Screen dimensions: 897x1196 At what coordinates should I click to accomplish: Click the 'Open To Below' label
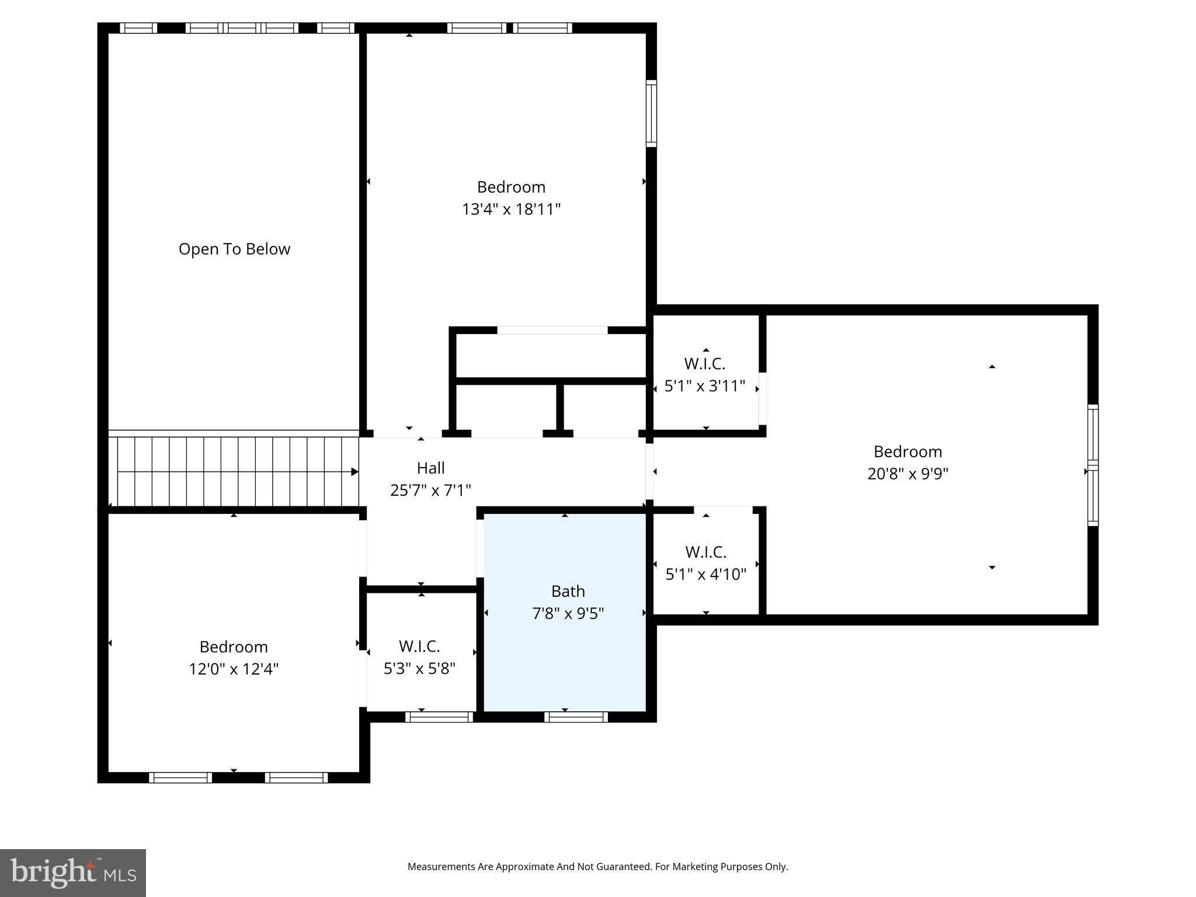click(x=234, y=249)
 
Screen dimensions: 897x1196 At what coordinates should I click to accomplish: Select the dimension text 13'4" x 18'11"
click(x=511, y=210)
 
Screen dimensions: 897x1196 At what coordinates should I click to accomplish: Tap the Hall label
click(x=430, y=468)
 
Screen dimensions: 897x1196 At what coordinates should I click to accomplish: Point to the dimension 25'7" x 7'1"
click(x=430, y=491)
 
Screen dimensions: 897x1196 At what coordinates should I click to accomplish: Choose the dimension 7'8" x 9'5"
click(x=568, y=614)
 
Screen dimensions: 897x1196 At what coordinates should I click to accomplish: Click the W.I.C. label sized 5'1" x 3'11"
click(x=704, y=364)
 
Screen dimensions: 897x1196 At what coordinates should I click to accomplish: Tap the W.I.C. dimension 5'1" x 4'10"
click(x=705, y=575)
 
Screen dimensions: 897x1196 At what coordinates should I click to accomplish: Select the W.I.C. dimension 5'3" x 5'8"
click(x=419, y=669)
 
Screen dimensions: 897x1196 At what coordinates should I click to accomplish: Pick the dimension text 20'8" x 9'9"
click(x=908, y=474)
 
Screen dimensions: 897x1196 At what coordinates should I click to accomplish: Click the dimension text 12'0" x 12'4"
click(x=234, y=669)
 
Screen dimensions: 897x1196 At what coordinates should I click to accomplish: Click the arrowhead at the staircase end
click(x=354, y=472)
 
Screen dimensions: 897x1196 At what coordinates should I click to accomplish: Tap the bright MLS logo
click(x=72, y=873)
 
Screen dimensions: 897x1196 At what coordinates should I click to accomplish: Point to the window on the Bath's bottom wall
click(x=576, y=717)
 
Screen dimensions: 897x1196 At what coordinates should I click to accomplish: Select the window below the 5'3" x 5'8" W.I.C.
click(x=439, y=717)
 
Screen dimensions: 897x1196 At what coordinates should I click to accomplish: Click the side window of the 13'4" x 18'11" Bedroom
click(x=651, y=113)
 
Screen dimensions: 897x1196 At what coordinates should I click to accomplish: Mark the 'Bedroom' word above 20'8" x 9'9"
click(x=908, y=451)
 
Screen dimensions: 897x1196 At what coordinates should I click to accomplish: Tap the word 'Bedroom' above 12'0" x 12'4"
click(x=234, y=647)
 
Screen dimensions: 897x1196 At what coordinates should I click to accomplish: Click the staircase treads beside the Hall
click(x=234, y=472)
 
